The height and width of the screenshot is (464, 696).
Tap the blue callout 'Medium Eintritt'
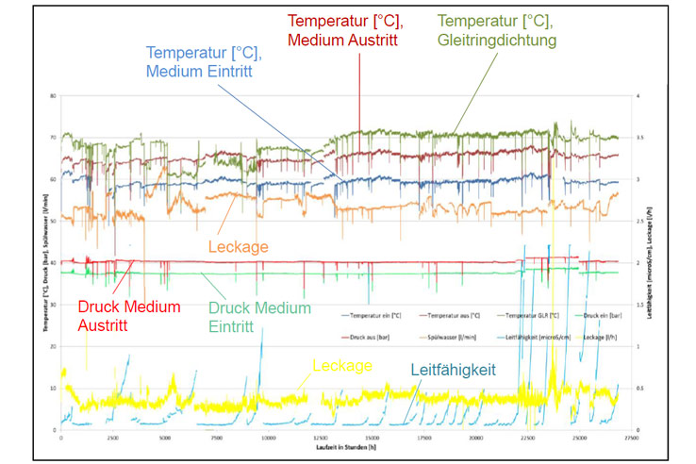pos(204,63)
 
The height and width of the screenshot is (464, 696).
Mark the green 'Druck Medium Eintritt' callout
pos(259,316)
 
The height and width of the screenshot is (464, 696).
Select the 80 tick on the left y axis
pos(54,95)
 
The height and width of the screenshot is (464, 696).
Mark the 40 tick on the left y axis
pos(54,262)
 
